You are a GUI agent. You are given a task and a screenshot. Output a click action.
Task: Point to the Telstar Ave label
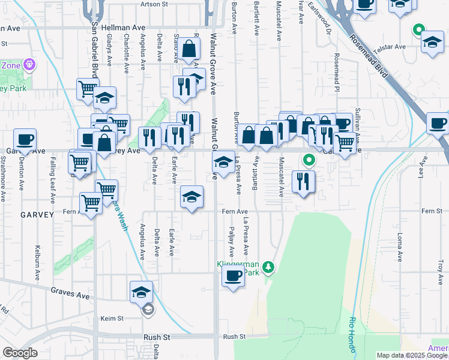pyautogui.click(x=391, y=46)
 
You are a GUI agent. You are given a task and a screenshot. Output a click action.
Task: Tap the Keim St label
pyautogui.click(x=112, y=318)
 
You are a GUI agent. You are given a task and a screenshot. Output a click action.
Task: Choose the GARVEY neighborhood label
pyautogui.click(x=37, y=214)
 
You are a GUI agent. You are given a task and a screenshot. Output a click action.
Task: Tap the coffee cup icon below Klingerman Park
pyautogui.click(x=234, y=276)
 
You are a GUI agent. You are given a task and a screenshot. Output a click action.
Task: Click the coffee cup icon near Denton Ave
pyautogui.click(x=25, y=140)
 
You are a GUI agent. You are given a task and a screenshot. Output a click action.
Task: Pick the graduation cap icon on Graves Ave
pyautogui.click(x=140, y=292)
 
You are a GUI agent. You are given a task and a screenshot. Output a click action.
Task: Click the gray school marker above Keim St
pyautogui.click(x=147, y=310)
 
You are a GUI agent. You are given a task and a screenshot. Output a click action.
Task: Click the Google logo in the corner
pyautogui.click(x=20, y=353)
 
